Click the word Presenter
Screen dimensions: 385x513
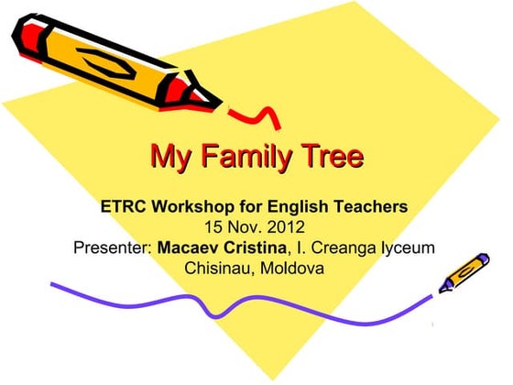[113, 248]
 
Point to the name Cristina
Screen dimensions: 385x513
[256, 248]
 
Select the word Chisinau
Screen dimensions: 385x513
[219, 269]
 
